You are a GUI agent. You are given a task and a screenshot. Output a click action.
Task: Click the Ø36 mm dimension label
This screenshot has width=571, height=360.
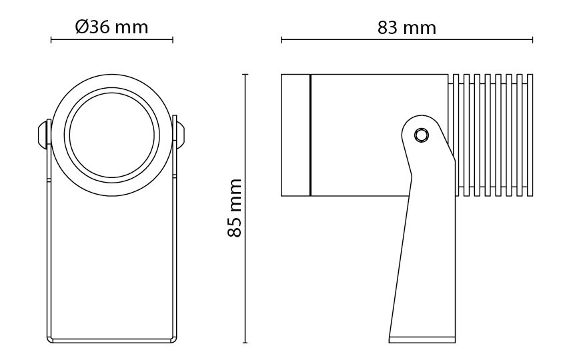[x=112, y=27]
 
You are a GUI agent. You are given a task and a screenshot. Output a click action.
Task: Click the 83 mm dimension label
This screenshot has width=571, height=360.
[x=407, y=28]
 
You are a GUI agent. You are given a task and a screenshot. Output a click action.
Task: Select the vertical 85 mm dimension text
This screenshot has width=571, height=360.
[x=235, y=208]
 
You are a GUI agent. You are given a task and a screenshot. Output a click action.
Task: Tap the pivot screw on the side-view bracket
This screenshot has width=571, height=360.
[x=422, y=135]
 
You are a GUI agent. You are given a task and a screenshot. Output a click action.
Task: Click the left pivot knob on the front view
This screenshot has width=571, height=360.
[x=43, y=134]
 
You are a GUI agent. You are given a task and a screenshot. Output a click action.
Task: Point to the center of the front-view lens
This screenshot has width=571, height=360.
[x=112, y=135]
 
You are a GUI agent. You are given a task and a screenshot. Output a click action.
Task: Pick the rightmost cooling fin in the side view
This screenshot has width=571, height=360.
[x=530, y=135]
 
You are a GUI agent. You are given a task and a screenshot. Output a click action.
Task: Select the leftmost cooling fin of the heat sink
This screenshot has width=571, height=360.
[x=455, y=135]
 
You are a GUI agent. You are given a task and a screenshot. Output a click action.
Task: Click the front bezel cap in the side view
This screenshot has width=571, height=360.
[x=296, y=135]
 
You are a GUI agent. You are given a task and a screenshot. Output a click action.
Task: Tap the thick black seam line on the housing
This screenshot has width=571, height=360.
[x=310, y=135]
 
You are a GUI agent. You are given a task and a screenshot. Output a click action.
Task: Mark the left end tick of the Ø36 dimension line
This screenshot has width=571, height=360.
[x=51, y=40]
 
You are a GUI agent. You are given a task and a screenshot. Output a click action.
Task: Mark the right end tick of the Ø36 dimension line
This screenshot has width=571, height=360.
[x=173, y=40]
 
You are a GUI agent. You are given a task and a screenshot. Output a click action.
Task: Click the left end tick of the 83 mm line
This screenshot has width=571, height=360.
[x=281, y=40]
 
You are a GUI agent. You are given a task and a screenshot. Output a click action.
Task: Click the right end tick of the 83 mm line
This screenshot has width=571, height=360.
[x=533, y=40]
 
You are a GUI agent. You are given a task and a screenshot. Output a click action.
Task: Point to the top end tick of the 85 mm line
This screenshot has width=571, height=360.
[x=245, y=74]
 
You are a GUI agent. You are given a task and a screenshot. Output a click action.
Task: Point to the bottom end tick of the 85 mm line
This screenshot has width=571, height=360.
[x=245, y=343]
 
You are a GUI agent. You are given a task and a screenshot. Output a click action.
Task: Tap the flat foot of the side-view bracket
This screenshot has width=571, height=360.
[x=422, y=340]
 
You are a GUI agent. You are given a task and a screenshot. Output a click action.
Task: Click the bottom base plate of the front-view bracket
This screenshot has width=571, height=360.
[x=112, y=341]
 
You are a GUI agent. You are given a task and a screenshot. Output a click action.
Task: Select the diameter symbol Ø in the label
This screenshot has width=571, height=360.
[x=81, y=27]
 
